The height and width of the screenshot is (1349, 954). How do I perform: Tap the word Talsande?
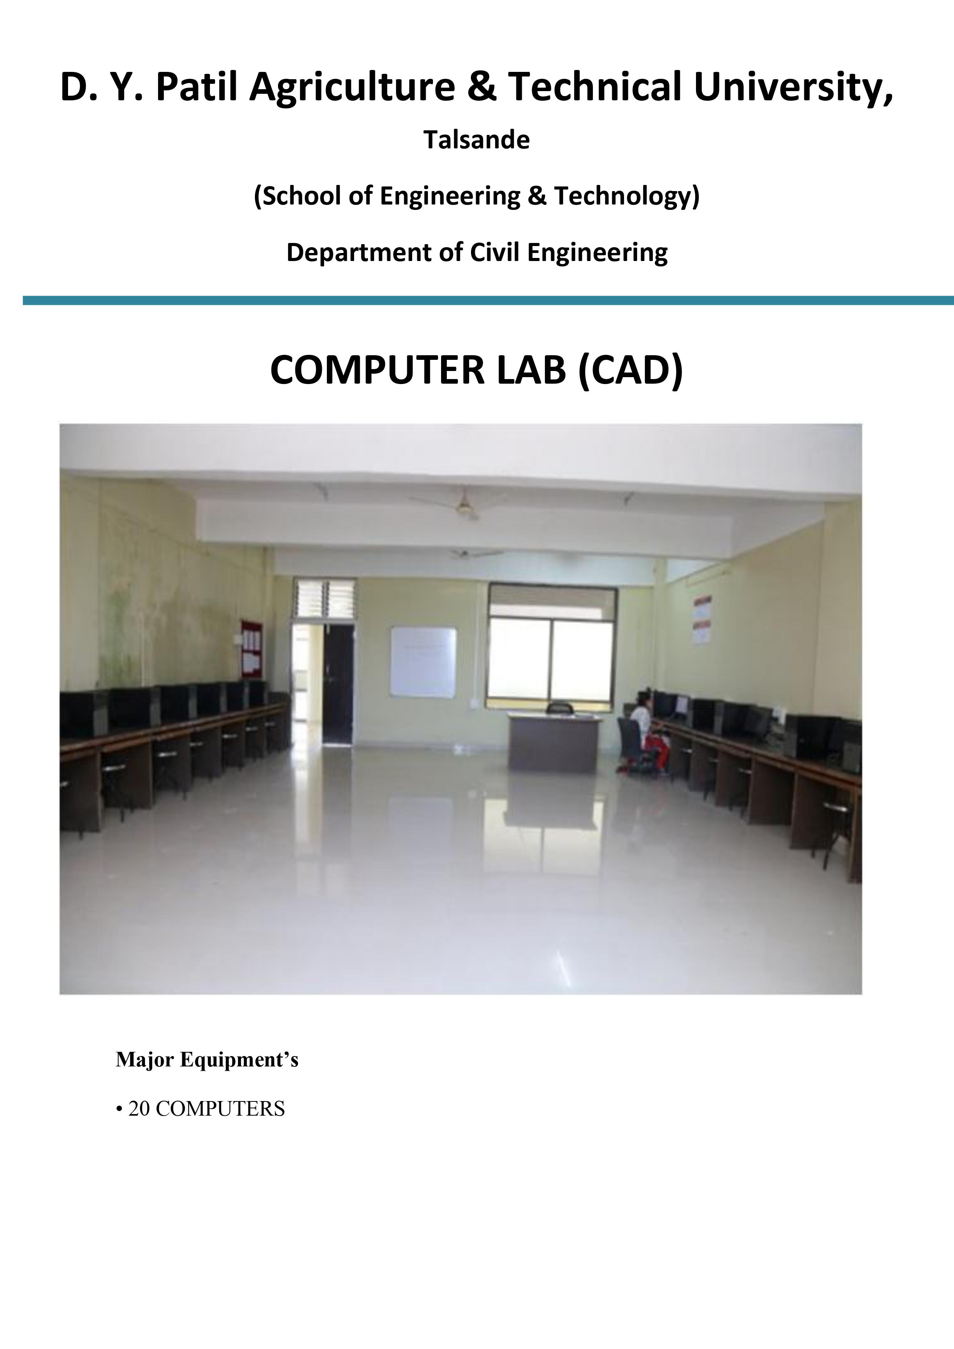(477, 140)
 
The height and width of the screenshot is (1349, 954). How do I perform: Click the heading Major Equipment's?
(207, 1060)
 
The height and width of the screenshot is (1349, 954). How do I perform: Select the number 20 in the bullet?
(139, 1109)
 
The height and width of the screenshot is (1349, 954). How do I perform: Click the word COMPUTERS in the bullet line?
(220, 1109)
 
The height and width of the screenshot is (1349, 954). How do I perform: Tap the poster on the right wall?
(703, 620)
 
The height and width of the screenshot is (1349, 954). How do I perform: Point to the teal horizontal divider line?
(488, 300)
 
